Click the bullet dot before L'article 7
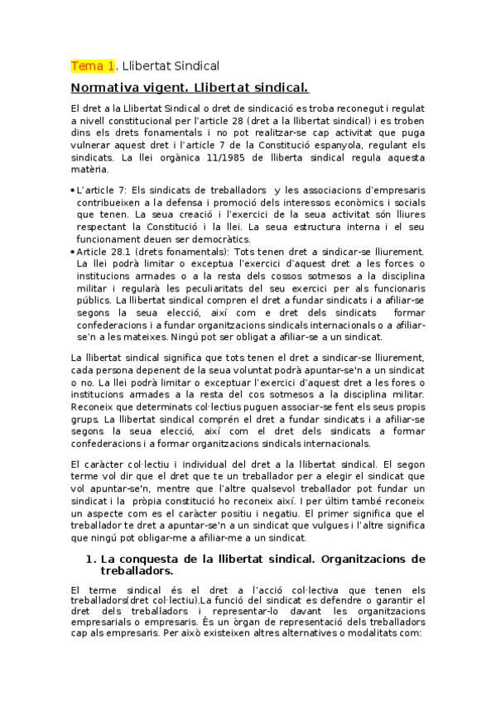[x=73, y=191]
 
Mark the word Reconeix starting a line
[x=95, y=409]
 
